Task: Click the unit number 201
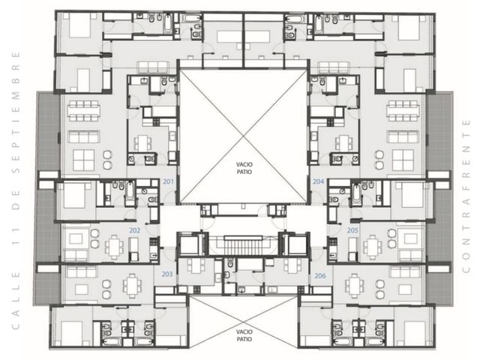point(168,181)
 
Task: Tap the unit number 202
point(135,230)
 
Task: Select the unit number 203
point(167,274)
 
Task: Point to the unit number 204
point(318,181)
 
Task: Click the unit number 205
point(352,230)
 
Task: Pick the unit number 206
point(320,276)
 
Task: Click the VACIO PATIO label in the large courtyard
point(244,168)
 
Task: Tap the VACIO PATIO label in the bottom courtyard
point(244,335)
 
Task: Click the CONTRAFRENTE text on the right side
point(466,196)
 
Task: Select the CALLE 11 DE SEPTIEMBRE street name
point(16,190)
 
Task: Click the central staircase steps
point(244,246)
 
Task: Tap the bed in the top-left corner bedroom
point(79,26)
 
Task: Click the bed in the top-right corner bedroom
point(409,28)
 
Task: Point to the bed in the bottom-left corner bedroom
point(72,334)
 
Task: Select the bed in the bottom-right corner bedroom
point(415,334)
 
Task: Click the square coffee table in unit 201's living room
point(83,160)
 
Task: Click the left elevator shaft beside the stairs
point(190,244)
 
